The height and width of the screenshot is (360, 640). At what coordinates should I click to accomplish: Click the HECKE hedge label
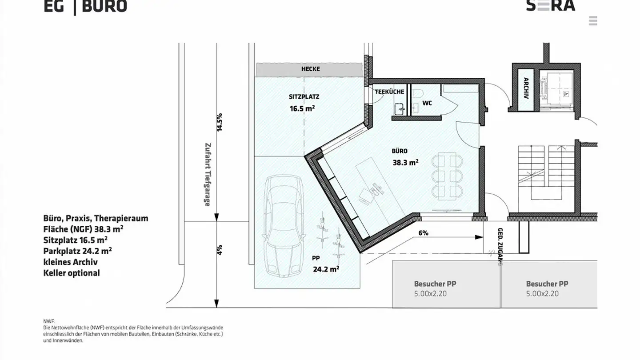point(310,69)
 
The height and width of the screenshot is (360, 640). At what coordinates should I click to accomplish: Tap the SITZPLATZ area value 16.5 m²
point(302,108)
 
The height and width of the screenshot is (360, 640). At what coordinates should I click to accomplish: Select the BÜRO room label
point(399,151)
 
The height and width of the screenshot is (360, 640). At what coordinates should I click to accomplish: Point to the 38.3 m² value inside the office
point(405,163)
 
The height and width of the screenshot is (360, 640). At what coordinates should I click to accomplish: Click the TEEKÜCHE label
point(389,92)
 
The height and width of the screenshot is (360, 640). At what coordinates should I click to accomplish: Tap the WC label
point(427,103)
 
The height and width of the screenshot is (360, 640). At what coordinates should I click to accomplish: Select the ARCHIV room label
point(526,88)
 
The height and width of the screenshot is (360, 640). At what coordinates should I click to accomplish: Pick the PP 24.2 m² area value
point(326,269)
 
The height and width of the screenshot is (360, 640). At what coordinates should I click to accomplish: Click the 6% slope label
point(423,233)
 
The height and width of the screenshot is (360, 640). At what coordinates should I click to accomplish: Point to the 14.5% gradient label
point(219,122)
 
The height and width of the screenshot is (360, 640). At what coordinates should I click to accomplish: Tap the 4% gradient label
point(219,250)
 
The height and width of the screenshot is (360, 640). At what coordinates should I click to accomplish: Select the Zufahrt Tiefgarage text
point(207,174)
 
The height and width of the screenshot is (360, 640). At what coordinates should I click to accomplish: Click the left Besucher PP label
point(435,284)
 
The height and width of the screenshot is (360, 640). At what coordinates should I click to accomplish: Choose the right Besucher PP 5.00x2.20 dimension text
point(542,294)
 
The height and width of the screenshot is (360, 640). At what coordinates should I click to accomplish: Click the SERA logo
point(550,5)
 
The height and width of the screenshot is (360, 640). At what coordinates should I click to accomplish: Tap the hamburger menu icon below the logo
point(593,21)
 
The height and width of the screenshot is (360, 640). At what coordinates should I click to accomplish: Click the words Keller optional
point(72,273)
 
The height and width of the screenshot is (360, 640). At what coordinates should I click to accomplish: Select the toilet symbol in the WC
point(418,94)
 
